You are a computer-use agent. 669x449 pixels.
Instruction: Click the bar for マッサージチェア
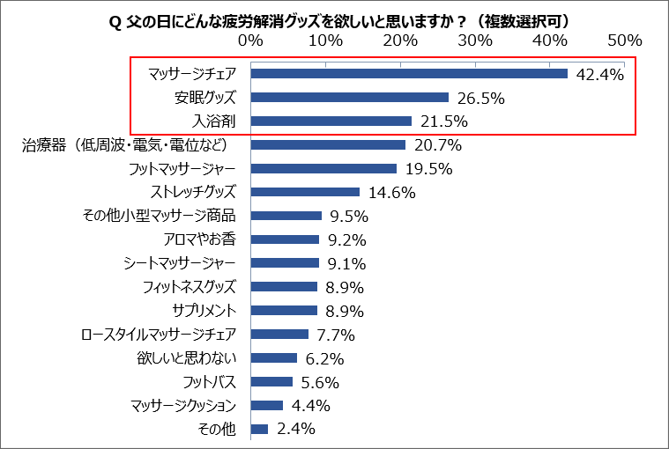coord(409,74)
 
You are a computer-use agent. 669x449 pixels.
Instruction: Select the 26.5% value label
coord(479,98)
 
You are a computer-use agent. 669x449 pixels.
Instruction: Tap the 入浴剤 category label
coord(215,121)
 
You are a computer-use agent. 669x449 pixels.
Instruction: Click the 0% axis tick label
coord(250,41)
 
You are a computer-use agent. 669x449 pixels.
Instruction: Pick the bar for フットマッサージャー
coord(323,168)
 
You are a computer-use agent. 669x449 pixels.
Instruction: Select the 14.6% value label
coord(390,192)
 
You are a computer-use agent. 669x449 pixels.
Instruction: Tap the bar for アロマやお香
coord(285,239)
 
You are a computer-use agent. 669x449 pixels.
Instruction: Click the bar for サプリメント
coord(284,311)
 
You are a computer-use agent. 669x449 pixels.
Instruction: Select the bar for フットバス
coord(271,382)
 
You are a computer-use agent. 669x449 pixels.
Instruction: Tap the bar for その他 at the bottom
coord(259,430)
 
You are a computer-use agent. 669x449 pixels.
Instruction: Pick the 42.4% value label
coord(598,74)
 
